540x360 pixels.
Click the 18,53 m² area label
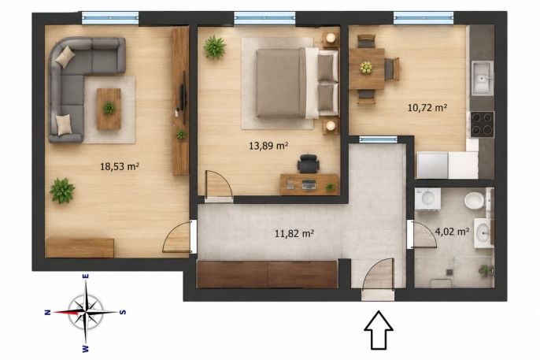click(x=120, y=167)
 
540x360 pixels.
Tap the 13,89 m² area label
click(x=268, y=146)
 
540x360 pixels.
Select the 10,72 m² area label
click(x=427, y=108)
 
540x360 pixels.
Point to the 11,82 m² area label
click(x=294, y=234)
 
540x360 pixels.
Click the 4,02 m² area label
click(x=452, y=231)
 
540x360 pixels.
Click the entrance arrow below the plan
click(x=379, y=330)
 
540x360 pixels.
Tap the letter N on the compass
click(x=47, y=313)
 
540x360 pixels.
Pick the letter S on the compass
click(x=122, y=313)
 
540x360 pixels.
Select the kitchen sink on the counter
click(x=483, y=78)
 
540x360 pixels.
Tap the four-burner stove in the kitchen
click(x=482, y=124)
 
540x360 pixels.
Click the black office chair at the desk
click(x=309, y=164)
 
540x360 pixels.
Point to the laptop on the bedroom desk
click(x=309, y=185)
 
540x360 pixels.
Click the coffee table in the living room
click(x=109, y=109)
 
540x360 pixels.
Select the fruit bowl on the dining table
click(x=366, y=68)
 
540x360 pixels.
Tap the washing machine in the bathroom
click(x=427, y=199)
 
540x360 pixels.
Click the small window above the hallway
click(x=378, y=139)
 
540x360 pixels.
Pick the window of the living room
click(x=110, y=18)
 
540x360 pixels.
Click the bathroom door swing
click(x=424, y=235)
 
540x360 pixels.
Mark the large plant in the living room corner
click(x=62, y=191)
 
